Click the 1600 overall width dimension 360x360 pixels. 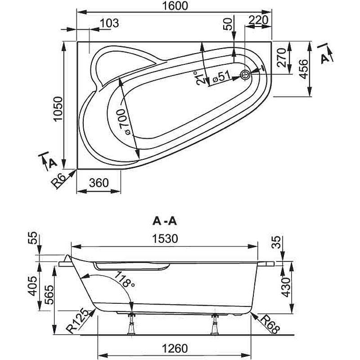coord(174,6)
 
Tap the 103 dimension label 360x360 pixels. coord(108,22)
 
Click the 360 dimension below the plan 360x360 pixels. coord(99,183)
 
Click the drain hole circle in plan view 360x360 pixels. coord(246,75)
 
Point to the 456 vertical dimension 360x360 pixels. coord(303,69)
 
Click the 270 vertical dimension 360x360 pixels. coord(281,58)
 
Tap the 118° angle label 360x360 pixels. coord(125,279)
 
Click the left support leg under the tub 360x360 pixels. coord(132,323)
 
